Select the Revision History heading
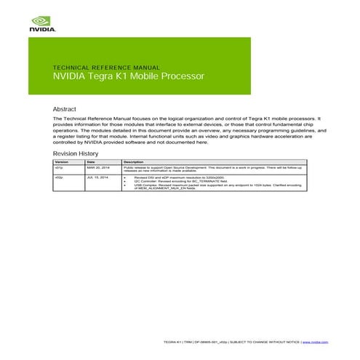click(x=76, y=154)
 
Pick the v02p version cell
click(x=59, y=177)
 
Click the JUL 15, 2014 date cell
click(x=97, y=177)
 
